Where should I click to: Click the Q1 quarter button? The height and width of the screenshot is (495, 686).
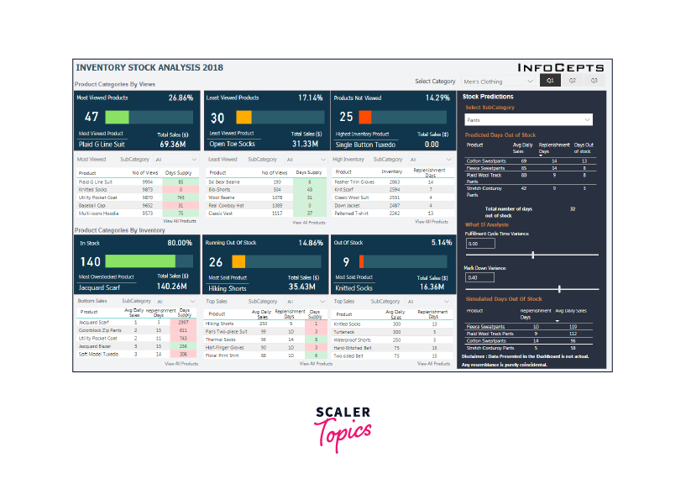pyautogui.click(x=549, y=81)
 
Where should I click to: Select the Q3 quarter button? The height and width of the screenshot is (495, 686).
pyautogui.click(x=594, y=81)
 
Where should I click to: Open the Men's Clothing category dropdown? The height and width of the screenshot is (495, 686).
pyautogui.click(x=498, y=82)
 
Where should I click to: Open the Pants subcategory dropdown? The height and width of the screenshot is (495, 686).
pyautogui.click(x=528, y=119)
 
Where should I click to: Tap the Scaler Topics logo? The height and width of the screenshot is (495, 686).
pyautogui.click(x=343, y=425)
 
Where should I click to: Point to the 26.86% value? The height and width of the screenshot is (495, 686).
pyautogui.click(x=181, y=97)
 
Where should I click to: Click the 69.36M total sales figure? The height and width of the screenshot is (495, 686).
pyautogui.click(x=176, y=144)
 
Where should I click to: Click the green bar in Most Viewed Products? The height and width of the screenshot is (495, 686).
pyautogui.click(x=117, y=117)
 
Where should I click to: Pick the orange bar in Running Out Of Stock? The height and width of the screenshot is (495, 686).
pyautogui.click(x=239, y=262)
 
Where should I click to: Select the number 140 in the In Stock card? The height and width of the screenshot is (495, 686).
pyautogui.click(x=90, y=262)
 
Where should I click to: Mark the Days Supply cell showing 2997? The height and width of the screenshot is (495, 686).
pyautogui.click(x=181, y=323)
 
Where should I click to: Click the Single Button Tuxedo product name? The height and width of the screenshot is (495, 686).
pyautogui.click(x=366, y=144)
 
